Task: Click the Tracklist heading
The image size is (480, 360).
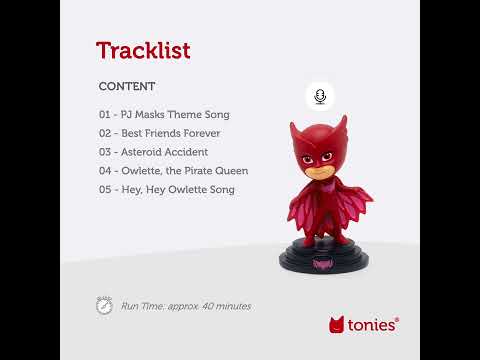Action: [142, 50]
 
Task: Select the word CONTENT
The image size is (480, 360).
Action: [127, 87]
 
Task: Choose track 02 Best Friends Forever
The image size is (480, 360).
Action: [159, 133]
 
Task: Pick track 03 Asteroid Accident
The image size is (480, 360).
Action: [153, 152]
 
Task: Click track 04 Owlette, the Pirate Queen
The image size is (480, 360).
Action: [173, 171]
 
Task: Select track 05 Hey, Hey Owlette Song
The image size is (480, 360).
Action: [166, 189]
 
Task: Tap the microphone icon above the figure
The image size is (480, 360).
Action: [320, 96]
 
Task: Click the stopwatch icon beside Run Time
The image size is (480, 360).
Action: [104, 305]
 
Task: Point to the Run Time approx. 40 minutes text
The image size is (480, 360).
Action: [186, 306]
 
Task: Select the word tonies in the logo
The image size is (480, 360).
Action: [374, 325]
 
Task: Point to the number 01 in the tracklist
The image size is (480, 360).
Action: [105, 114]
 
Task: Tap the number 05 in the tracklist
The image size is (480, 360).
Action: [105, 189]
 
